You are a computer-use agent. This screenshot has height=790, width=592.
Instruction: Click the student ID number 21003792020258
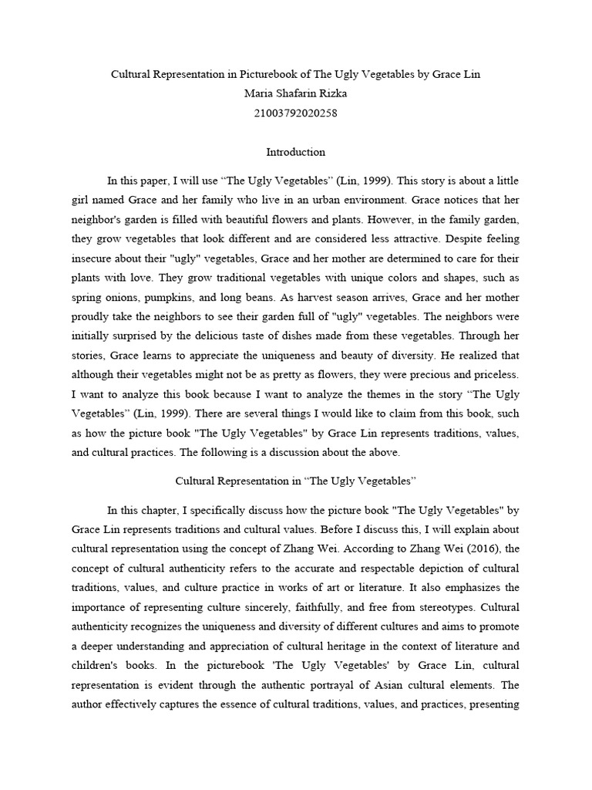[x=296, y=113]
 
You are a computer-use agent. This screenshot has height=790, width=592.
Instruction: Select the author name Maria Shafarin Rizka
[x=296, y=94]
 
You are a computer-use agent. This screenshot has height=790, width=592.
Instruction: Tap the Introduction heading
[x=295, y=152]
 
